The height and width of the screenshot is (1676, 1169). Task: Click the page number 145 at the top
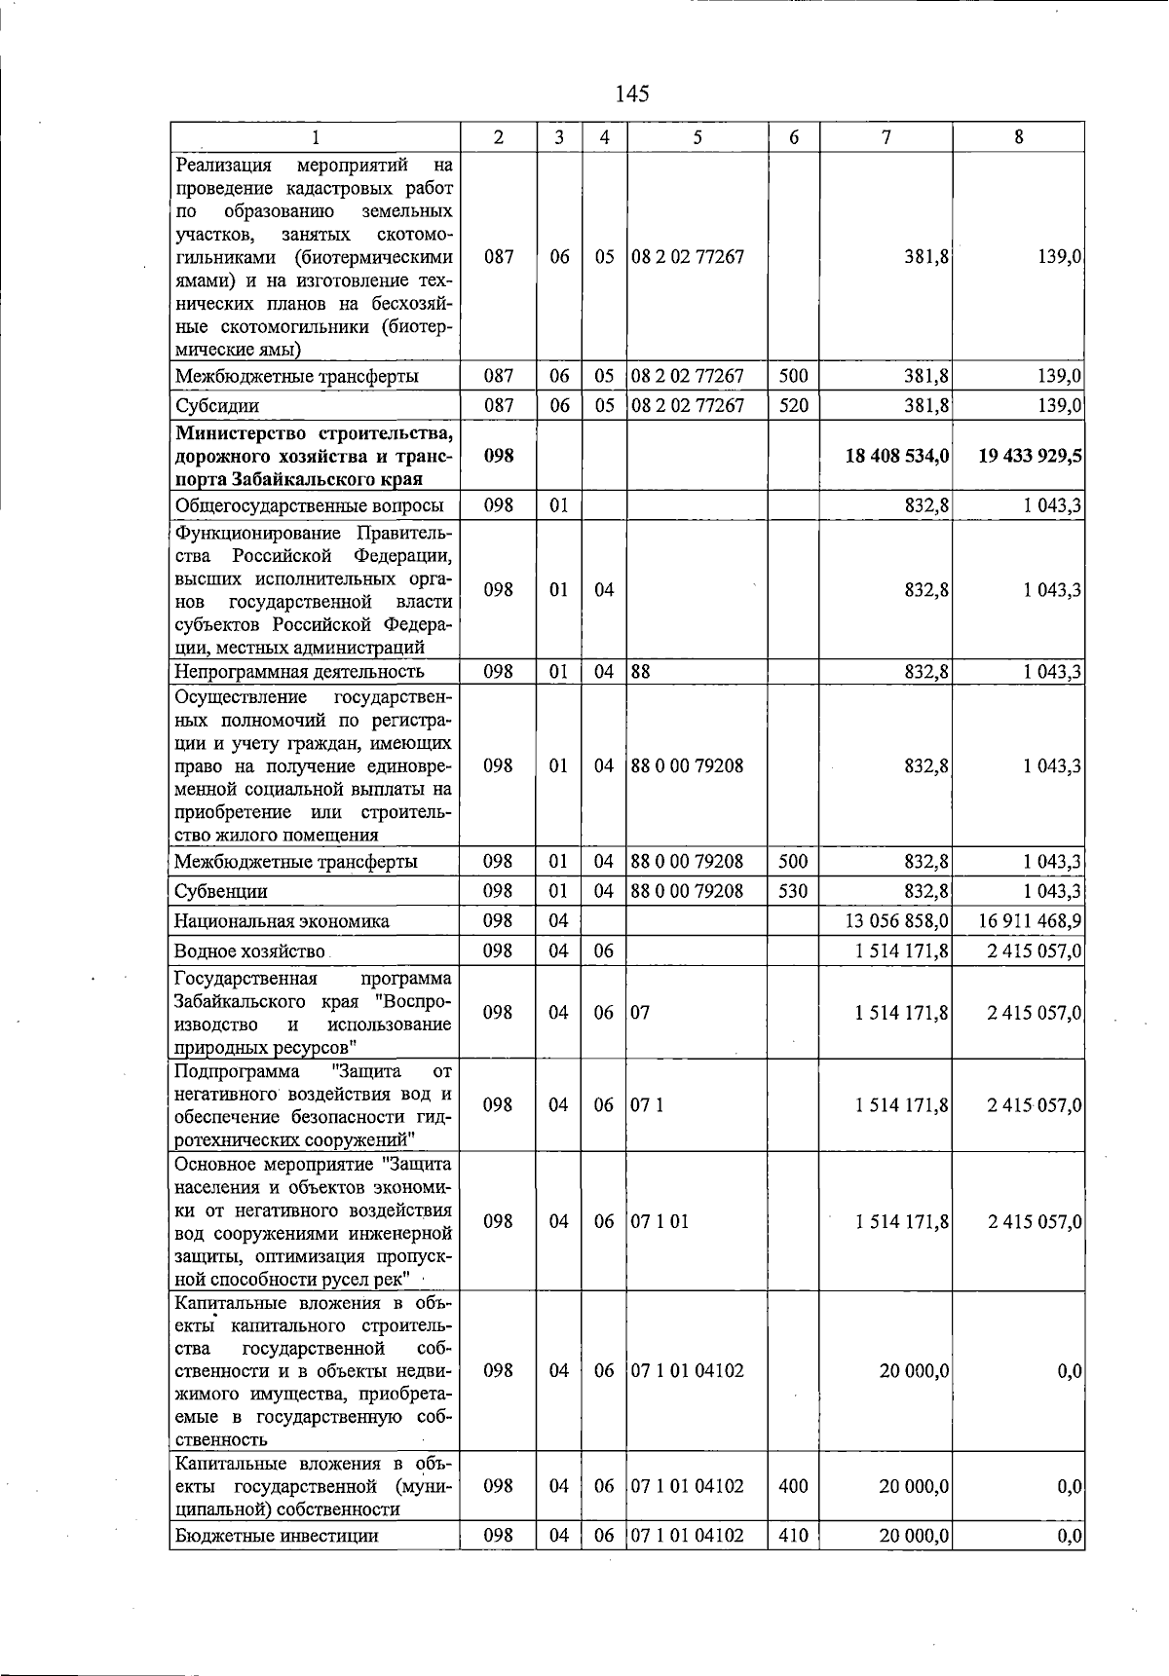[x=632, y=93]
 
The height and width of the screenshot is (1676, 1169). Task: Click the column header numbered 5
[x=698, y=138]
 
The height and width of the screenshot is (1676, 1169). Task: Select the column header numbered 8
[x=1019, y=138]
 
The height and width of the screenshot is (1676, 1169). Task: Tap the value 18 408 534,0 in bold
[x=896, y=456]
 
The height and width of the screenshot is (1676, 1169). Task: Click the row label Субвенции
[x=220, y=891]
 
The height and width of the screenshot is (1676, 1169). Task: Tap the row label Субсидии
[x=216, y=405]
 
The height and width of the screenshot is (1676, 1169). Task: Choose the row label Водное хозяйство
[x=249, y=951]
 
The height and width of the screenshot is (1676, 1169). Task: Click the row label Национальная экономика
[x=282, y=921]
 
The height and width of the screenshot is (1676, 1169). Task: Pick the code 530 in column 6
[x=794, y=891]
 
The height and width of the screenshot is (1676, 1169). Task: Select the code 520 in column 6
[x=794, y=405]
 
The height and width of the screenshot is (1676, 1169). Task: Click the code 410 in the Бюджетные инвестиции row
[x=794, y=1536]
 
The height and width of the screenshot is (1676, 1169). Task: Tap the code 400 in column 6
[x=794, y=1486]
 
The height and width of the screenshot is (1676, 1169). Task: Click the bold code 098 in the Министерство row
[x=498, y=456]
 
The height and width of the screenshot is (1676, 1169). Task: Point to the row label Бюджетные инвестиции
[x=276, y=1536]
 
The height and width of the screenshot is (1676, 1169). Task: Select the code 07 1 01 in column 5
[x=660, y=1221]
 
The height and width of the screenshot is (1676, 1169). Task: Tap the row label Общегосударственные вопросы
[x=309, y=505]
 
